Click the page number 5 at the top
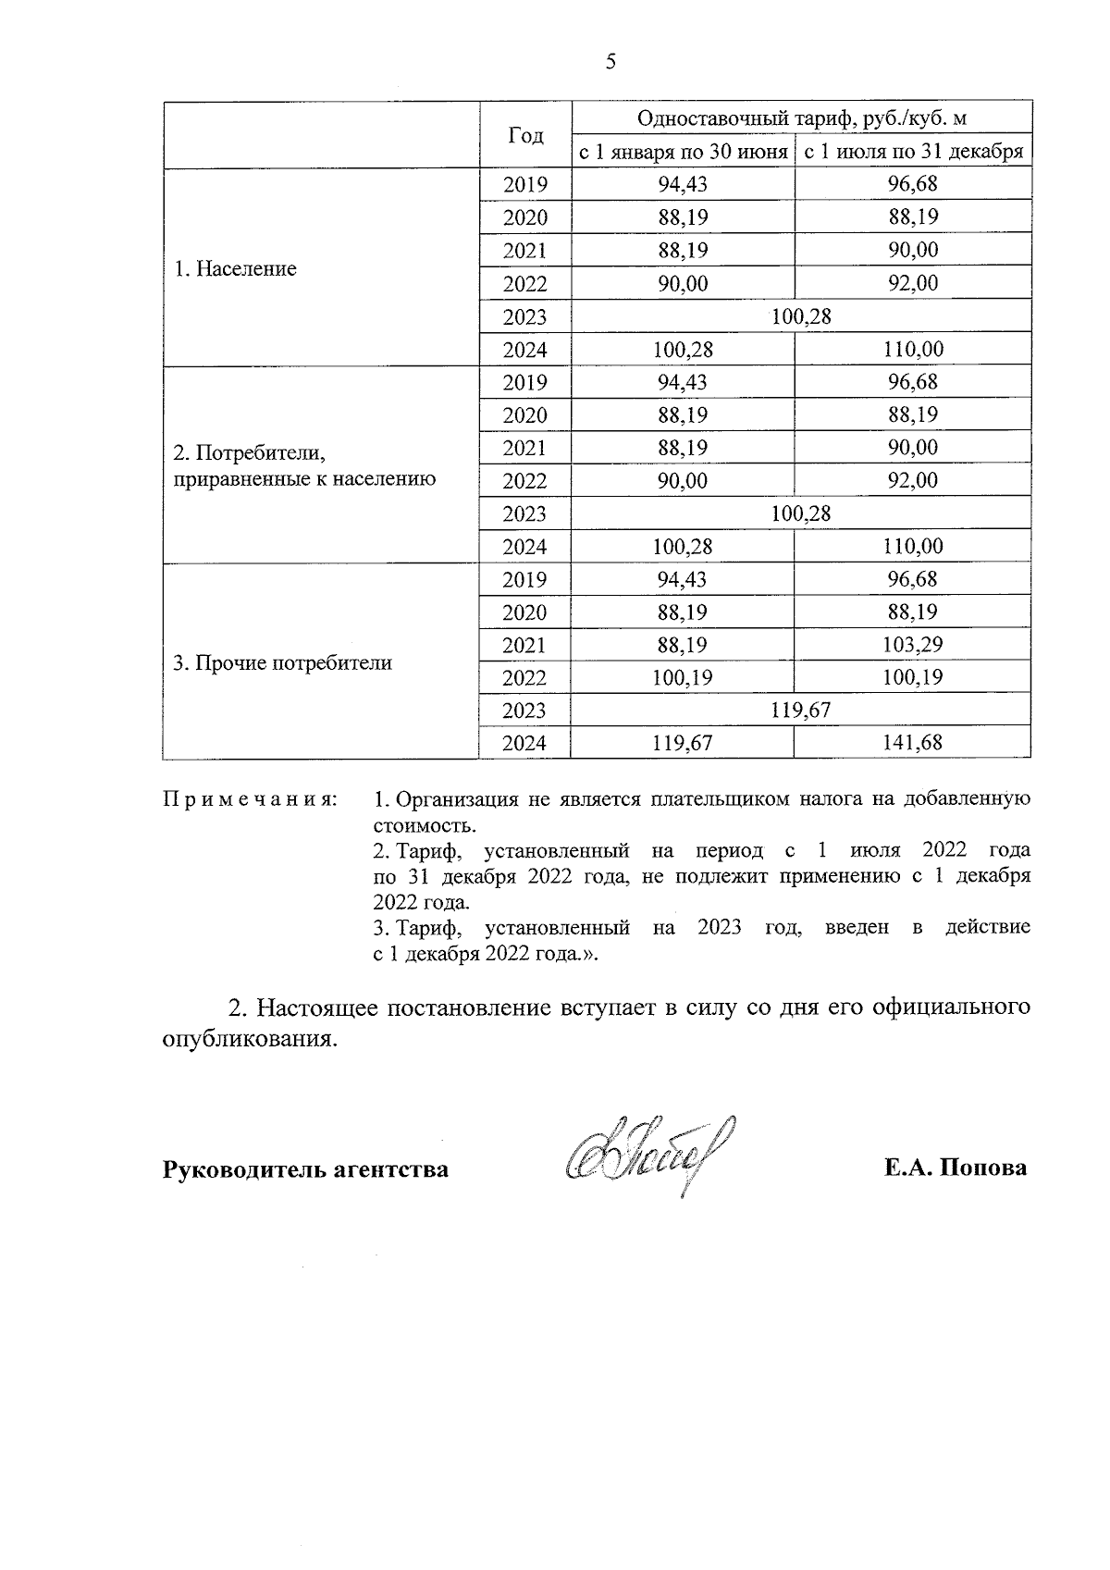[x=610, y=62]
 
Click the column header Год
[x=525, y=135]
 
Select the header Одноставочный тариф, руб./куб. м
[x=801, y=118]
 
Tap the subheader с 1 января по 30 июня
[x=683, y=152]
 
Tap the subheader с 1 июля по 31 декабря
[x=913, y=152]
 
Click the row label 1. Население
[x=236, y=269]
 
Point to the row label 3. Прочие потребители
[x=283, y=662]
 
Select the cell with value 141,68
[x=912, y=742]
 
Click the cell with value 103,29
[x=912, y=644]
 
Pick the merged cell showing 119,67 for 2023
[x=801, y=710]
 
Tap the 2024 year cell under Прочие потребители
[x=524, y=743]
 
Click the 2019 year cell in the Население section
[x=524, y=184]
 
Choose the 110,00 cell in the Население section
[x=912, y=350]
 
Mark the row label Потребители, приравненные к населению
[x=304, y=466]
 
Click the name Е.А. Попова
[x=955, y=1168]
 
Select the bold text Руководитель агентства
[x=305, y=1169]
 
